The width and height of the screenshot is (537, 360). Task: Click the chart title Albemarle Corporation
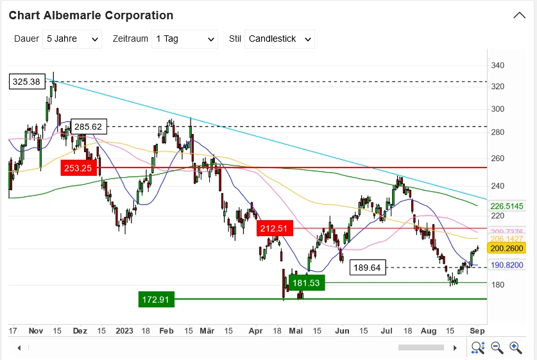[x=91, y=15]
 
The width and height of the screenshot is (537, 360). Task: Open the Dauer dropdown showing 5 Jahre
[x=72, y=39]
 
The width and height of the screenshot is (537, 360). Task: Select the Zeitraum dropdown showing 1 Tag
[x=185, y=39]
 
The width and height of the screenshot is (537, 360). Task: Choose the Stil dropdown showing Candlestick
[x=280, y=39]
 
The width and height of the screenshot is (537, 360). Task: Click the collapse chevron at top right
[x=520, y=15]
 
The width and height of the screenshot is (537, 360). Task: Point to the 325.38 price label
[x=26, y=81]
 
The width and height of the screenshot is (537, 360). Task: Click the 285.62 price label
[x=89, y=126]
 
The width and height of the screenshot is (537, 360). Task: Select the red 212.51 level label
[x=275, y=228]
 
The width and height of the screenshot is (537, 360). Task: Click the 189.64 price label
[x=368, y=268]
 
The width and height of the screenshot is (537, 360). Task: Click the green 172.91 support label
[x=156, y=299]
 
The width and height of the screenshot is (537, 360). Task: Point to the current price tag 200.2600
[x=506, y=248]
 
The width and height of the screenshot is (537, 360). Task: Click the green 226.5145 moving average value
[x=507, y=207]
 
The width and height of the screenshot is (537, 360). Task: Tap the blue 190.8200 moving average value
[x=507, y=264]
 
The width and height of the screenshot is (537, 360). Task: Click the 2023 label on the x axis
[x=125, y=330]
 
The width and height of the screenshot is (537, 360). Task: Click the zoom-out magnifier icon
[x=497, y=347]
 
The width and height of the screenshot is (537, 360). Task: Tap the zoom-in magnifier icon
[x=515, y=347]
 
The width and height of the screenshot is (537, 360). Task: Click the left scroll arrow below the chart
[x=19, y=348]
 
